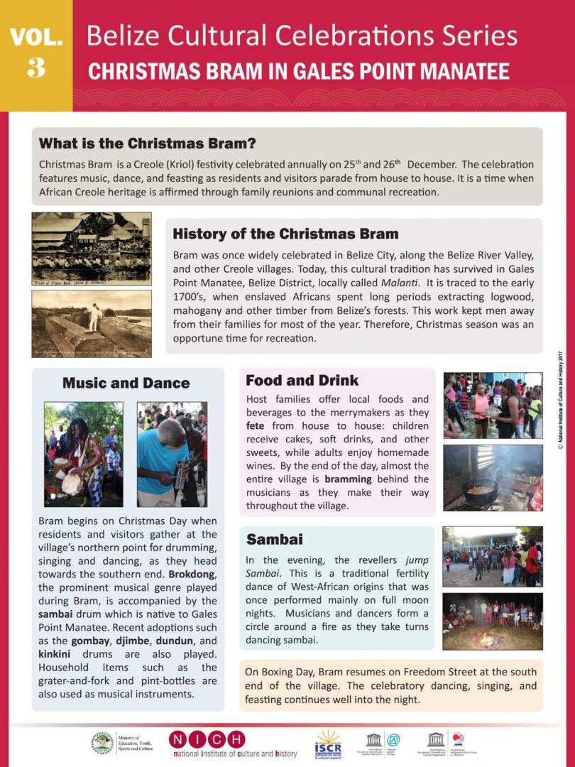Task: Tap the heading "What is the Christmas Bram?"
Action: [x=147, y=143]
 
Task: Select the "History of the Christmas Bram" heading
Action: [x=285, y=234]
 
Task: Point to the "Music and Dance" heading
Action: [x=126, y=383]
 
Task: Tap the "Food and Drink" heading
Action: [x=302, y=380]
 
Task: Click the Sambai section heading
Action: [x=274, y=539]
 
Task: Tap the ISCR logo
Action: [x=328, y=744]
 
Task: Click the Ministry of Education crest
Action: [x=102, y=743]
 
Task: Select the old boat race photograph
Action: [x=91, y=249]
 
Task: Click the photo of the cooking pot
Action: [x=493, y=478]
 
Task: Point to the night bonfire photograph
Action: [x=492, y=621]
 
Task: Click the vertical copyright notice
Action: [x=560, y=398]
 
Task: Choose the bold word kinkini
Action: [x=58, y=653]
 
